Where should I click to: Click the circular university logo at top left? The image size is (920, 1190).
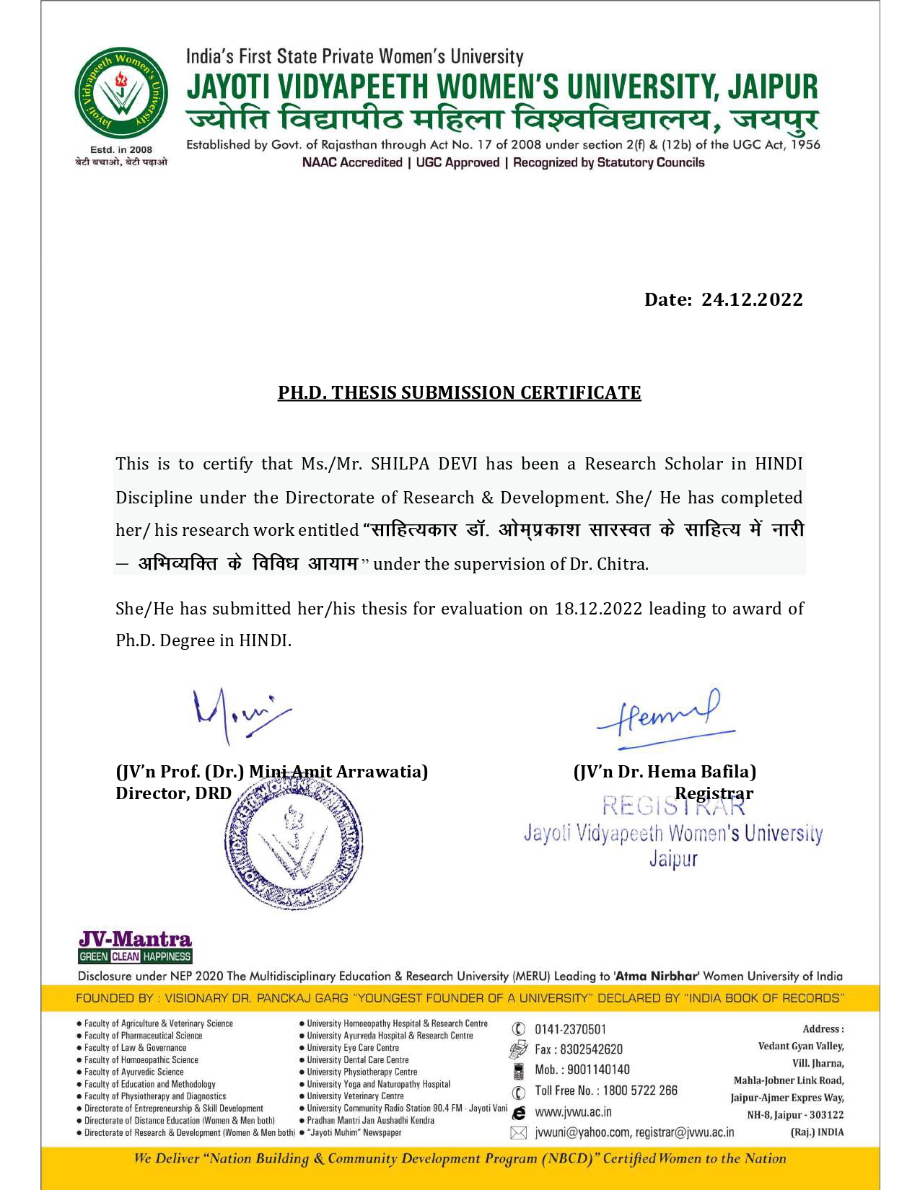[121, 94]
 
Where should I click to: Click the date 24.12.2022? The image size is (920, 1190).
[752, 300]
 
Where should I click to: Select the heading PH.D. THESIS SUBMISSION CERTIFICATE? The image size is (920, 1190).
[460, 393]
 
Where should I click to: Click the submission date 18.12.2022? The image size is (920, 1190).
[598, 609]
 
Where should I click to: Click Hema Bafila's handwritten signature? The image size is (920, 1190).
[665, 714]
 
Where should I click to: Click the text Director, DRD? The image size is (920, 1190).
[173, 793]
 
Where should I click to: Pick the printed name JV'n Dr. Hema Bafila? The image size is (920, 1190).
[665, 772]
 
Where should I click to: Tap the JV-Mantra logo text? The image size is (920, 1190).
[135, 939]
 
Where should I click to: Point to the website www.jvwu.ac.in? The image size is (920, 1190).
[573, 1112]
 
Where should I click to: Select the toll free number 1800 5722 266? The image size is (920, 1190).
[640, 1090]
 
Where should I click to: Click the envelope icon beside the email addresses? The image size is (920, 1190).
[518, 1133]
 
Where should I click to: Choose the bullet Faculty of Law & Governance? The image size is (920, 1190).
[135, 1048]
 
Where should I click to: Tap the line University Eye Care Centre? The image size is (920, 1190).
[353, 1048]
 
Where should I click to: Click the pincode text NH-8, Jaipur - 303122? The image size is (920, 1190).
[795, 1115]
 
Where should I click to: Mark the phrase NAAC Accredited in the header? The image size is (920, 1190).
[352, 163]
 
